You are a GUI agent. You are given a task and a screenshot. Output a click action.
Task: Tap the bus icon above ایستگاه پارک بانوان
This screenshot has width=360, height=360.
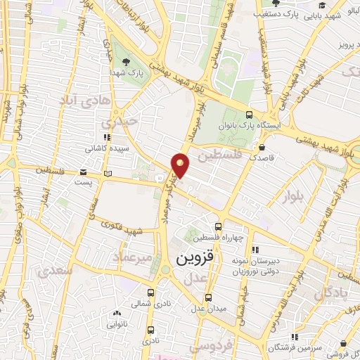(x=249, y=115)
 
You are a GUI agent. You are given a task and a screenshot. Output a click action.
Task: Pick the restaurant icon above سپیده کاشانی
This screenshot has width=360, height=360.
(x=105, y=139)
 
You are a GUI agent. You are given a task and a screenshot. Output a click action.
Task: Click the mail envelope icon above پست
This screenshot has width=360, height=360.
(x=84, y=172)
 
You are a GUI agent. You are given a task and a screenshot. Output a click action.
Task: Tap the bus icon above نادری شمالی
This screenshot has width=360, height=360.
(x=150, y=292)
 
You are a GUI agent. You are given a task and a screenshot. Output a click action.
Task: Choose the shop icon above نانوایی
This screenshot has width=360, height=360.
(x=117, y=314)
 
